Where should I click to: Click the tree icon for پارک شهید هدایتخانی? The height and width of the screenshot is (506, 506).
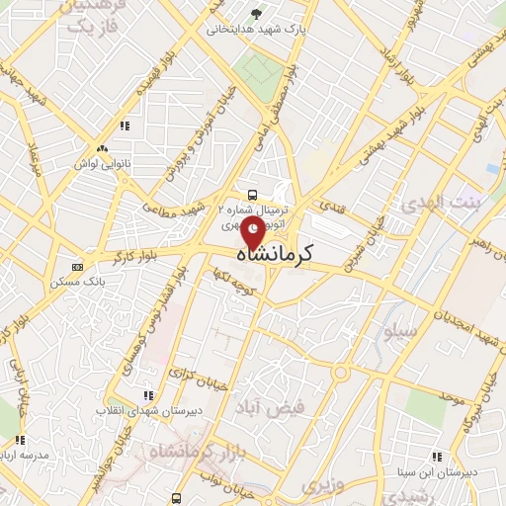click(x=257, y=14)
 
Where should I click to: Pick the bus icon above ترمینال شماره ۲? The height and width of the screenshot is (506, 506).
click(x=253, y=194)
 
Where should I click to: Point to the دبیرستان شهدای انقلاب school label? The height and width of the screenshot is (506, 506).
click(x=147, y=408)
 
